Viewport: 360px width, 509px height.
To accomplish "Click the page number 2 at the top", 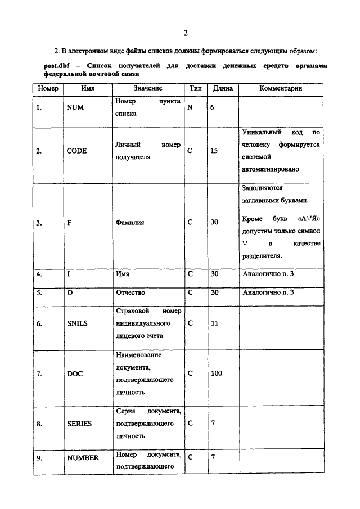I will click(x=185, y=31).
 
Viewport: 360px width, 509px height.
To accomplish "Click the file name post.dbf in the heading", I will click(x=56, y=66).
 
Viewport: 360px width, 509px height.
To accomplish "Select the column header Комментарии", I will click(x=281, y=88).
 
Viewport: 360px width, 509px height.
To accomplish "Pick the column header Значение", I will click(x=148, y=88).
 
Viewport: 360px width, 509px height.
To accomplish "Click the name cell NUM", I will click(x=75, y=107).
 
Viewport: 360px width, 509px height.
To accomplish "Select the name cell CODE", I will click(x=76, y=151).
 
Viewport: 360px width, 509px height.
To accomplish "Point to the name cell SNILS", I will click(x=77, y=323).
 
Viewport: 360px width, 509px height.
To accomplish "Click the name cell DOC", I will click(x=75, y=373).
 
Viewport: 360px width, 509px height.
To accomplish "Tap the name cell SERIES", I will click(x=79, y=423).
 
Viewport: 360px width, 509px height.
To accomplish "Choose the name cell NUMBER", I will click(x=83, y=457).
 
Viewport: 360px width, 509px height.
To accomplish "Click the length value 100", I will click(x=217, y=373).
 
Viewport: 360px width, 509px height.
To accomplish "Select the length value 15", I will click(x=214, y=151).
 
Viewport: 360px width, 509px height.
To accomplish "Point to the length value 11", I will click(x=214, y=323).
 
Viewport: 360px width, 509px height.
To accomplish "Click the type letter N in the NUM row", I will click(x=190, y=107).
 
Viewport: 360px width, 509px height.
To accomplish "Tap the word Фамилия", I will click(x=130, y=222).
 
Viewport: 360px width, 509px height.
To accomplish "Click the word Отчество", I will click(x=130, y=292).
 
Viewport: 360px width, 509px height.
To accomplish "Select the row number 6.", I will click(x=39, y=324).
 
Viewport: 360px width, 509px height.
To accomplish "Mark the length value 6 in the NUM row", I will click(x=213, y=107).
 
